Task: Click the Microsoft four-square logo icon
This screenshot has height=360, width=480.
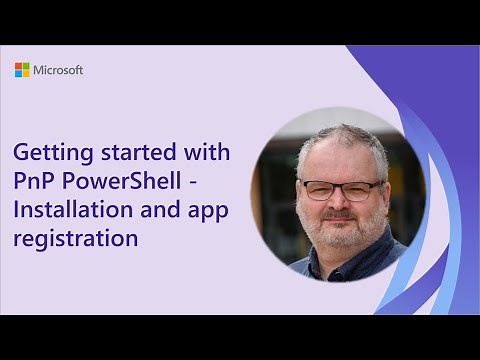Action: tap(22, 70)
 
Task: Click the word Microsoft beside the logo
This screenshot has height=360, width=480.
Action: tap(58, 70)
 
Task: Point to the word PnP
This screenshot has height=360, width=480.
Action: tap(33, 183)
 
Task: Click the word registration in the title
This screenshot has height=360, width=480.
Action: tap(76, 240)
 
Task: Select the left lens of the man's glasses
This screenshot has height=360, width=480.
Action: tap(317, 189)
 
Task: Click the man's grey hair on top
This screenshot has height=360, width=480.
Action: tap(335, 135)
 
